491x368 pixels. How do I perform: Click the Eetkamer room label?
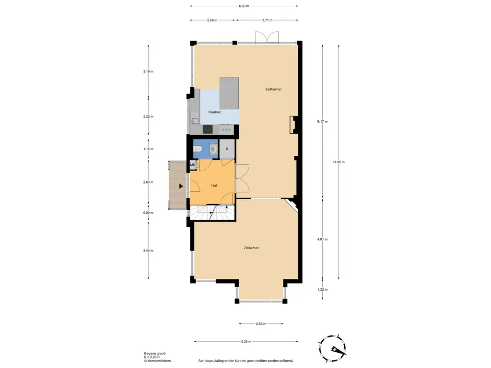273,89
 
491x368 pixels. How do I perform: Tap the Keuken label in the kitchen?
214,112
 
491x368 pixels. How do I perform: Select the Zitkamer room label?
251,248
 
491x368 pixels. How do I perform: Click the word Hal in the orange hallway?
214,185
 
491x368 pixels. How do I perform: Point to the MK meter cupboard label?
193,165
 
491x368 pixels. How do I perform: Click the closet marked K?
227,149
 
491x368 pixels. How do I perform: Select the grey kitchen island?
229,93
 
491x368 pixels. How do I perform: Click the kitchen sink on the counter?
195,120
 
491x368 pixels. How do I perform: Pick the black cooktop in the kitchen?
208,129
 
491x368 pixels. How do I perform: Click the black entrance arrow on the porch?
181,186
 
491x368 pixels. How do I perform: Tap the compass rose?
333,349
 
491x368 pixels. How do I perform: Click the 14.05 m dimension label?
339,162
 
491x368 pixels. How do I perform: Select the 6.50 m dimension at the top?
244,6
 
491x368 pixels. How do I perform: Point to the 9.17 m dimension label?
322,121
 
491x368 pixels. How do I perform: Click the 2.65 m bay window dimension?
261,324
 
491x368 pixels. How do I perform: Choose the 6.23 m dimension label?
246,342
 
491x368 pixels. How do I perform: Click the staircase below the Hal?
212,212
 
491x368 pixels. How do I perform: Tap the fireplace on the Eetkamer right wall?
293,125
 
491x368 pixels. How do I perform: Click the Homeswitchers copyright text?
157,361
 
